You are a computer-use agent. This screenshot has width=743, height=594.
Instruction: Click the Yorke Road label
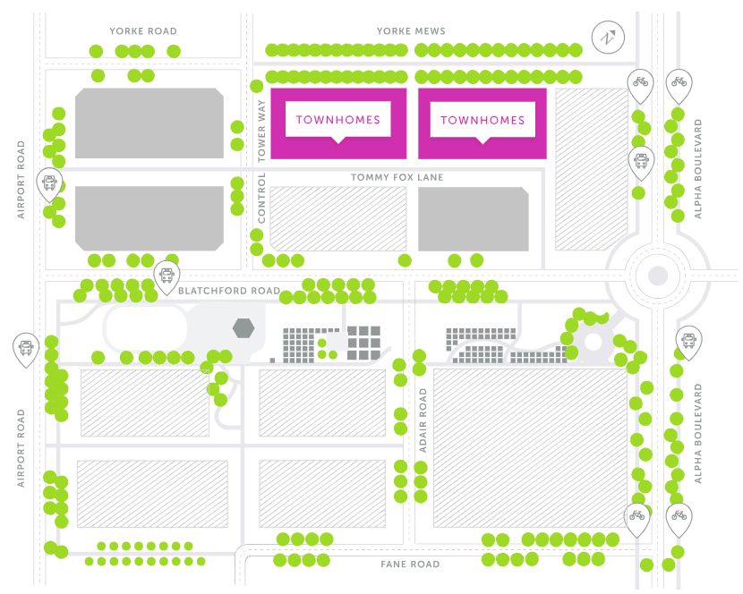[x=143, y=30]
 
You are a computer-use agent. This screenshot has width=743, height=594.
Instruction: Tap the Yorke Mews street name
[x=412, y=30]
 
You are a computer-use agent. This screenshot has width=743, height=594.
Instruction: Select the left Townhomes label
[x=337, y=120]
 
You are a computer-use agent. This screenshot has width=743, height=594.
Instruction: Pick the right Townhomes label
[x=483, y=120]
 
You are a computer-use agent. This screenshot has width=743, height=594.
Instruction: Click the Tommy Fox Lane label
[x=397, y=177]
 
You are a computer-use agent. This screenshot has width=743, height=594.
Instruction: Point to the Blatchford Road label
[x=229, y=291]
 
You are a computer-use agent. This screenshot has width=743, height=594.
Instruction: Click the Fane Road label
[x=409, y=564]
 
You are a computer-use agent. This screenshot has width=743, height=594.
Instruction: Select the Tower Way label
[x=262, y=130]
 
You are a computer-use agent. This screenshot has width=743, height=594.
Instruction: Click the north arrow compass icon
[x=608, y=38]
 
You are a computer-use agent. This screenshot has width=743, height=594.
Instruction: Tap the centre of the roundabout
[x=658, y=276]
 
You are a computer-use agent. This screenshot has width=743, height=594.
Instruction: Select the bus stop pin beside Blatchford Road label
[x=166, y=277]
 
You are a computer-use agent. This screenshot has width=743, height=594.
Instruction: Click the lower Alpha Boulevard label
[x=699, y=434]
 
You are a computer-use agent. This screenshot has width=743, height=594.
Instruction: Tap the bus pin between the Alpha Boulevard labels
[x=688, y=340]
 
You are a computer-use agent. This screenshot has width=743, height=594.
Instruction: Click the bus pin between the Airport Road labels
[x=27, y=347]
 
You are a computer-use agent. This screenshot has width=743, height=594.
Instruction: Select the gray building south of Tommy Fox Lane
[x=473, y=219]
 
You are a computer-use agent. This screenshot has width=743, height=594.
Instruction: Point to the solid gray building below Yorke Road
[x=149, y=123]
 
